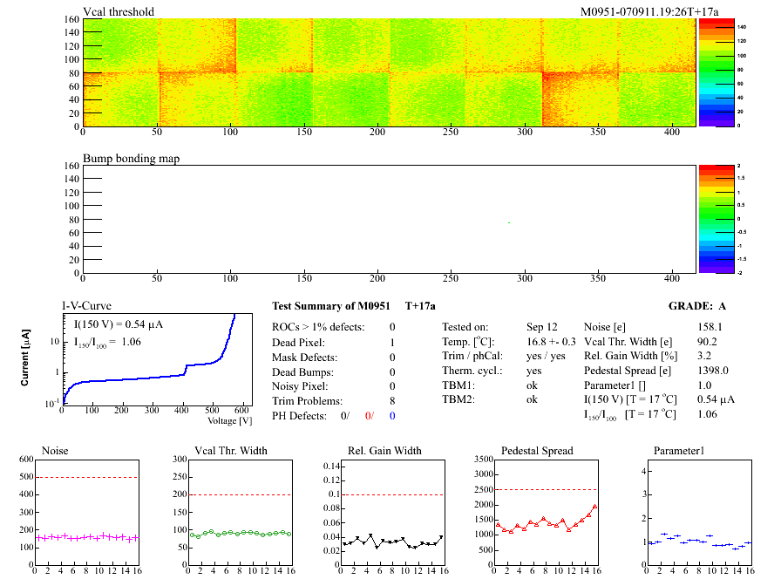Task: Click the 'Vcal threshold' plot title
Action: [x=119, y=11]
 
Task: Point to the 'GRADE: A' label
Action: [x=697, y=306]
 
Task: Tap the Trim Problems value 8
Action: [x=392, y=401]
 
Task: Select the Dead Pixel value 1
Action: [x=392, y=342]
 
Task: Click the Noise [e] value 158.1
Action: [x=710, y=327]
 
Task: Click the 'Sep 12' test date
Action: [x=541, y=327]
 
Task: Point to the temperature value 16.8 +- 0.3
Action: [x=551, y=341]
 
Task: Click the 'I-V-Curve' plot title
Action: [x=86, y=306]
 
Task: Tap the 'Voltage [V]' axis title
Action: [x=230, y=420]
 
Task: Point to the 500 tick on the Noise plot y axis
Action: [x=24, y=476]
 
